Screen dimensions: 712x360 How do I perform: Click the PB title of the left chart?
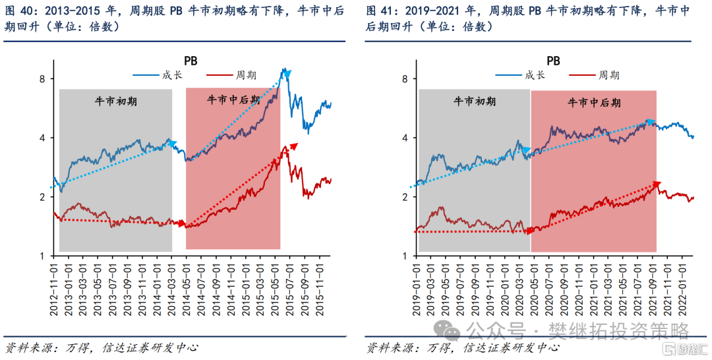191,61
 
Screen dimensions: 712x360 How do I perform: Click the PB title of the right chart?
553,61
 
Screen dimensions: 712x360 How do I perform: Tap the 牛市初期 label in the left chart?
115,102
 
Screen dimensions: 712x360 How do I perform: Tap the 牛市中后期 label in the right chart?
594,103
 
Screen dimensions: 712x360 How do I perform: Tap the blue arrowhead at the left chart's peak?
287,75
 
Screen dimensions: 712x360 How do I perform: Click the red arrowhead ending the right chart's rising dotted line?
655,185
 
